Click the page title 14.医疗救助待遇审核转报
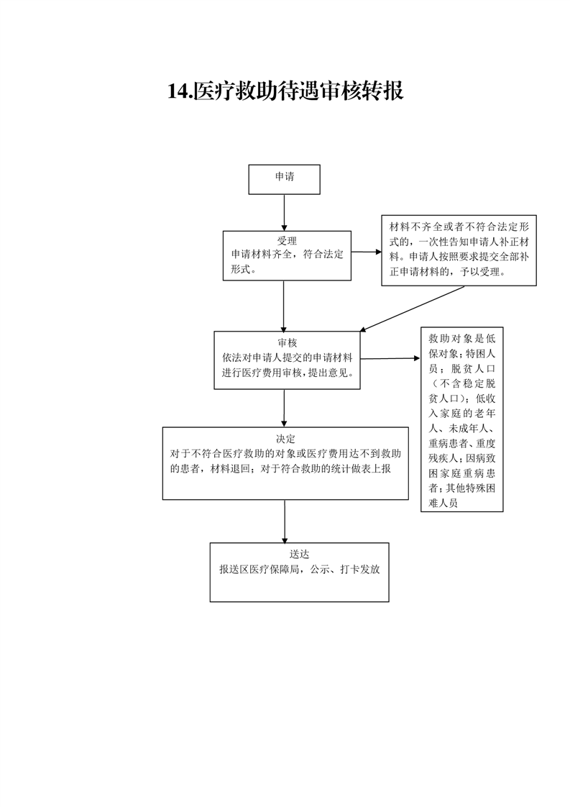pyautogui.click(x=285, y=91)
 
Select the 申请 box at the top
pyautogui.click(x=284, y=179)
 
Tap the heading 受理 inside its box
pyautogui.click(x=287, y=240)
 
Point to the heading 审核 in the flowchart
pyautogui.click(x=287, y=342)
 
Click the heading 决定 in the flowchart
pyautogui.click(x=285, y=439)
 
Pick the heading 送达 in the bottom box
pyautogui.click(x=299, y=555)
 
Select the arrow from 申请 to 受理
pyautogui.click(x=284, y=213)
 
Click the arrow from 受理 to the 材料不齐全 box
pyautogui.click(x=367, y=252)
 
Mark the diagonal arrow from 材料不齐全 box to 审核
pyautogui.click(x=412, y=309)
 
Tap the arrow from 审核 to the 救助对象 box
pyautogui.click(x=390, y=358)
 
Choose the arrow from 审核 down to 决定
pyautogui.click(x=284, y=408)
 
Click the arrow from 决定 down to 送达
pyautogui.click(x=285, y=521)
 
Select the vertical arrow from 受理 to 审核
pyautogui.click(x=283, y=306)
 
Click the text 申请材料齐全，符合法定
pyautogui.click(x=287, y=254)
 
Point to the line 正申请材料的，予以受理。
pyautogui.click(x=448, y=272)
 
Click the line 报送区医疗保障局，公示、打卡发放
pyautogui.click(x=300, y=569)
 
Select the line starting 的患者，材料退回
pyautogui.click(x=281, y=469)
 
